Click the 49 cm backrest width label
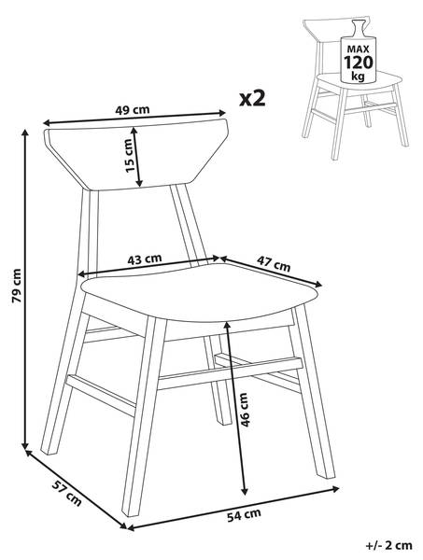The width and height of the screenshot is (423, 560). pyautogui.click(x=133, y=109)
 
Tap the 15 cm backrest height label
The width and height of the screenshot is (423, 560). pyautogui.click(x=129, y=155)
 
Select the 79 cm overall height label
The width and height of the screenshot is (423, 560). pyautogui.click(x=17, y=286)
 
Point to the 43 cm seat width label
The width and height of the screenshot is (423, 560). pyautogui.click(x=145, y=259)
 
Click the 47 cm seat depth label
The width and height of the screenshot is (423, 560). pyautogui.click(x=274, y=265)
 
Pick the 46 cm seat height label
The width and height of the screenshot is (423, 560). pyautogui.click(x=244, y=410)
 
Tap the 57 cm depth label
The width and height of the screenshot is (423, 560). pyautogui.click(x=67, y=493)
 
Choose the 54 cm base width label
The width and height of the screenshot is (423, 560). pyautogui.click(x=244, y=515)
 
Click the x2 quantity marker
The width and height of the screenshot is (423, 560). pyautogui.click(x=252, y=98)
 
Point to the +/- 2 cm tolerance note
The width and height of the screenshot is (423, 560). pyautogui.click(x=389, y=545)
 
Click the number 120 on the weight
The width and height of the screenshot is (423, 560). pyautogui.click(x=358, y=63)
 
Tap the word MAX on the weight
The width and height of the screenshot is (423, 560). pyautogui.click(x=358, y=49)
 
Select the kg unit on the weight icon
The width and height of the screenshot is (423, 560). pyautogui.click(x=358, y=77)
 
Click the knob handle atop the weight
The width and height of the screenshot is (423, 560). pyautogui.click(x=358, y=27)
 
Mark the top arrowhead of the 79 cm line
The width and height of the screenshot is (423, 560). pyautogui.click(x=25, y=133)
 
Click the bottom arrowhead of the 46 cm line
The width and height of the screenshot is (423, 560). pyautogui.click(x=245, y=492)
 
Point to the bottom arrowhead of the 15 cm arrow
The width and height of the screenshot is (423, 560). pyautogui.click(x=139, y=183)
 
